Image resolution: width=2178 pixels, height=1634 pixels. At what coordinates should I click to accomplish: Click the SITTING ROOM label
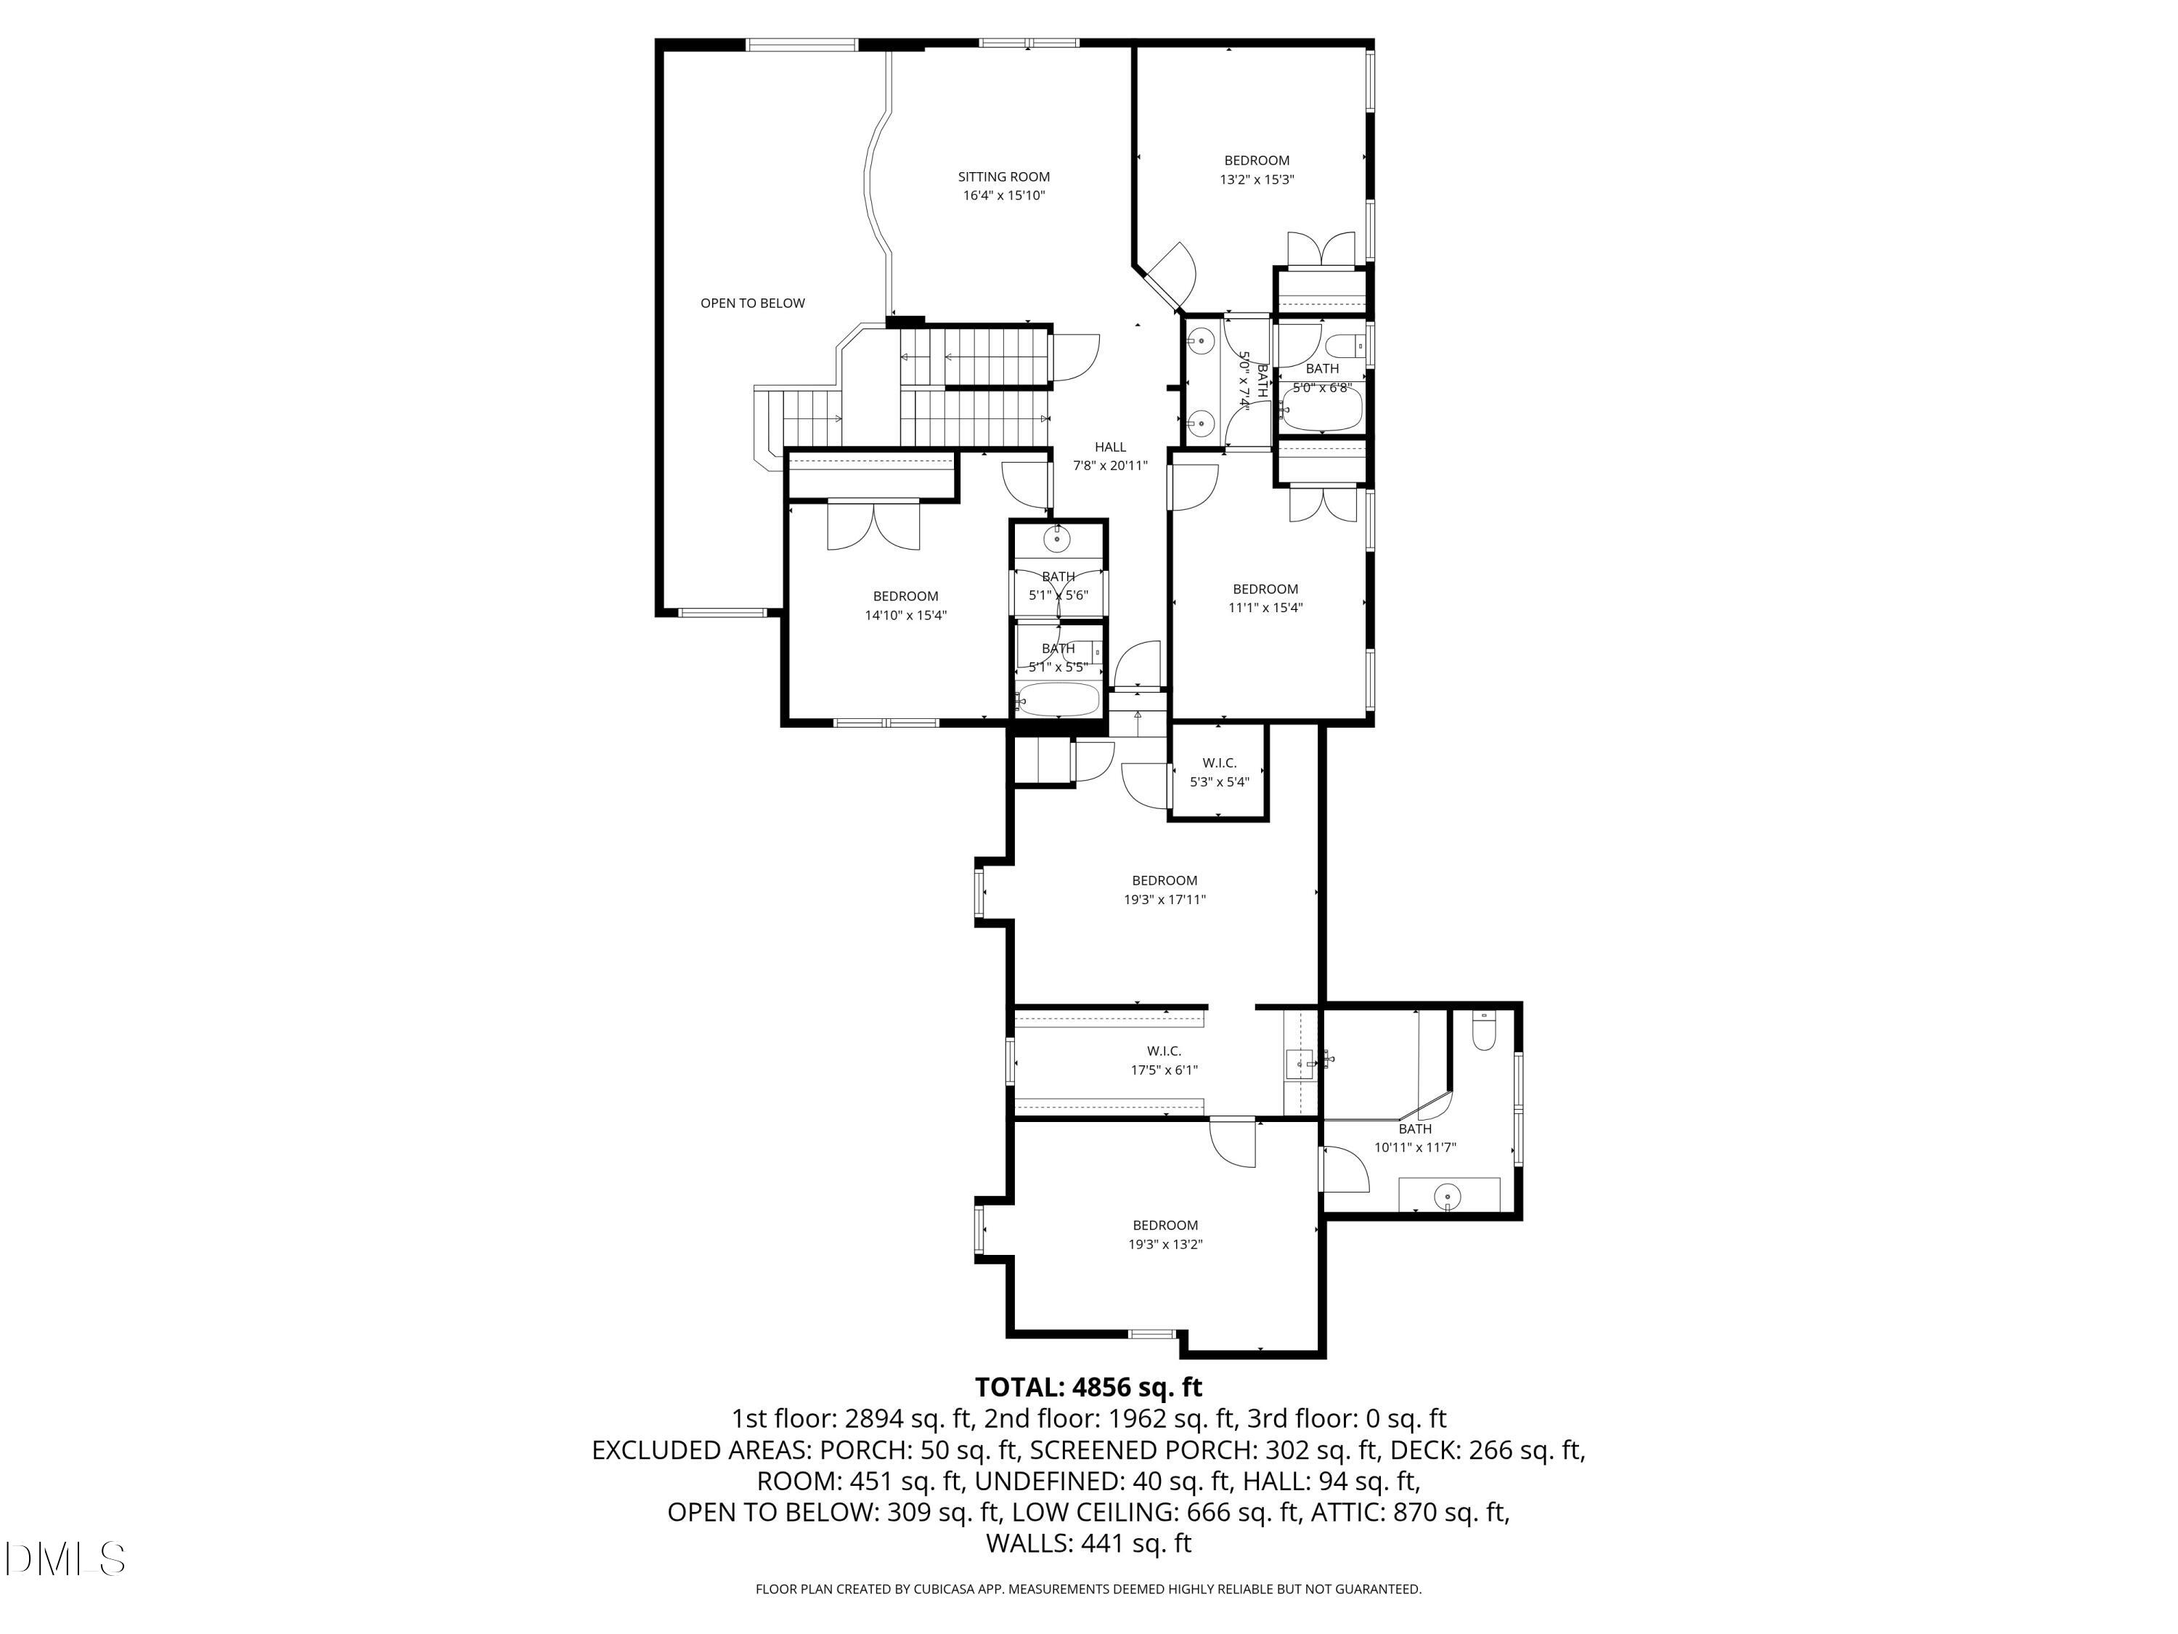click(x=1003, y=177)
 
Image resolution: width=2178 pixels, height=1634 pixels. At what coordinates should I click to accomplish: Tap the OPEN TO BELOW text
click(x=752, y=304)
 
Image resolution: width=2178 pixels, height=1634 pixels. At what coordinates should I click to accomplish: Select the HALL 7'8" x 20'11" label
click(x=1109, y=456)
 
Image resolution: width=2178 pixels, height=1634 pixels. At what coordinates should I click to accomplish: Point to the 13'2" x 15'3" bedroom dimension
click(x=1257, y=180)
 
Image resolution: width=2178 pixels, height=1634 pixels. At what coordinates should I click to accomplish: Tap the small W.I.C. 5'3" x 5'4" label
click(x=1219, y=772)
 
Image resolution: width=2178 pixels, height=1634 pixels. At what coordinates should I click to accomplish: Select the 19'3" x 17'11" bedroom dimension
click(x=1165, y=899)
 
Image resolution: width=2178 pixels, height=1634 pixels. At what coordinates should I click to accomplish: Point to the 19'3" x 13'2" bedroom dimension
click(x=1165, y=1244)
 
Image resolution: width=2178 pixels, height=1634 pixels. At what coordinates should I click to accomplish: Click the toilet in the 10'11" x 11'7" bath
click(x=1482, y=1031)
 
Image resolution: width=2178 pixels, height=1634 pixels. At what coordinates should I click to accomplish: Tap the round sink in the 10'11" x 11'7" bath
click(x=1448, y=1198)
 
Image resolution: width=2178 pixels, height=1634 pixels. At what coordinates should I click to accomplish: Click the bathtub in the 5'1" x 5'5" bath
click(x=1058, y=700)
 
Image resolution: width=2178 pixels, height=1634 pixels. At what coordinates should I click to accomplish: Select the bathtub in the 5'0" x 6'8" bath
click(x=1321, y=412)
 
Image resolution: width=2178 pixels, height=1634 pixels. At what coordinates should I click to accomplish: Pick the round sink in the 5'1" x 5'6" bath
click(x=1058, y=539)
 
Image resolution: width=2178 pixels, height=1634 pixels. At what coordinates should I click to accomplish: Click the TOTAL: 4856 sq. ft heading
click(x=1088, y=1387)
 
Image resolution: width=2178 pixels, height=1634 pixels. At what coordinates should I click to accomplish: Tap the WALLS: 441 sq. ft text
click(x=1088, y=1543)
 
